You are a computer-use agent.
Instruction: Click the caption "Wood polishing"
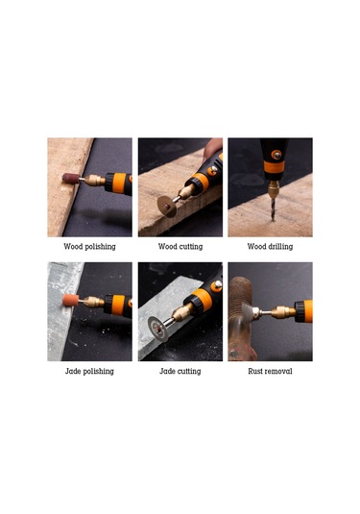pos(89,247)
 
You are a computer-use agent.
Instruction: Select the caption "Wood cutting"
pos(180,247)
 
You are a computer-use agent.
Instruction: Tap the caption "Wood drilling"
pos(270,247)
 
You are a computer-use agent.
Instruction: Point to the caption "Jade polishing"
pos(89,372)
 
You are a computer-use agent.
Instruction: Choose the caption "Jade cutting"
pos(180,372)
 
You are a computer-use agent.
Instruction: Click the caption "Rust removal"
pos(270,371)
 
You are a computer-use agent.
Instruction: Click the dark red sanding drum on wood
pos(71,179)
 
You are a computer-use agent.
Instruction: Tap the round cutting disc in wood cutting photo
pos(167,207)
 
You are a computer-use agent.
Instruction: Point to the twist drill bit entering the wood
pos(273,209)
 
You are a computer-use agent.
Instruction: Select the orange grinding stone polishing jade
pos(70,301)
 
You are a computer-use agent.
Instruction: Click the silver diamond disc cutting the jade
pos(158,328)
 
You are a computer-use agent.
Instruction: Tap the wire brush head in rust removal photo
pos(248,312)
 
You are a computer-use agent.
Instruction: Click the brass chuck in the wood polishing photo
pos(94,181)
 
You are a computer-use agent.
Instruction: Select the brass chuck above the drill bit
pos(273,188)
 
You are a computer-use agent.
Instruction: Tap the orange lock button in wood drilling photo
pos(276,155)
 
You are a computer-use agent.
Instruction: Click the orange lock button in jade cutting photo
pos(217,286)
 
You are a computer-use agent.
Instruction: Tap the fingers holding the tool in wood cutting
pos(212,148)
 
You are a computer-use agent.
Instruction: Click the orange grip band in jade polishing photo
pos(118,305)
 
